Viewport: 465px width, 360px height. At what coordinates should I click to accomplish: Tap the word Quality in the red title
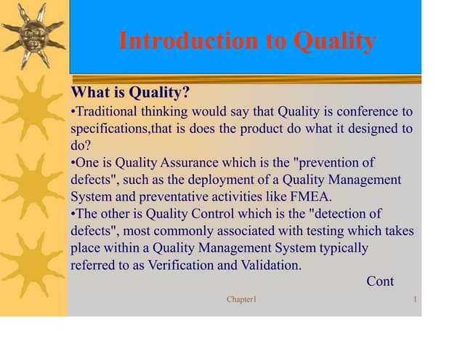[x=334, y=41]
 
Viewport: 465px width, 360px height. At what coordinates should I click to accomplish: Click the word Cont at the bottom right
[x=380, y=281]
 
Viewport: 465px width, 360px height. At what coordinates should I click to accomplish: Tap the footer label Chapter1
[x=241, y=300]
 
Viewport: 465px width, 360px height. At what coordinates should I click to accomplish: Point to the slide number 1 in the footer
[x=413, y=300]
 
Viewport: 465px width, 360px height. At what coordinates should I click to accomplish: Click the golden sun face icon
[x=33, y=35]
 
